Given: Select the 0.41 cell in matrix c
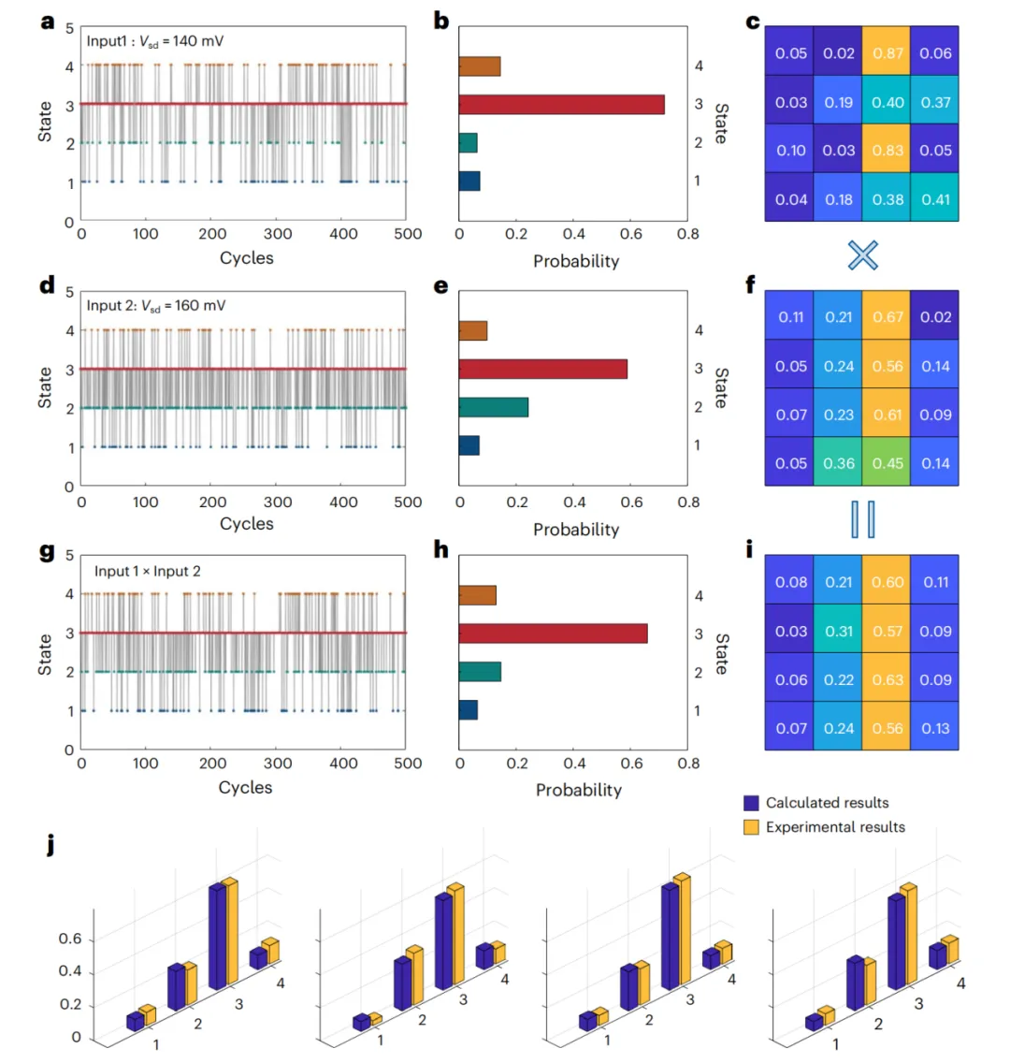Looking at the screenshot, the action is (x=935, y=197).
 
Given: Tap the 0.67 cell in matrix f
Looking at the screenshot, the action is (x=886, y=315).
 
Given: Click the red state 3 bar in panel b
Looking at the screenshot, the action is (x=561, y=105).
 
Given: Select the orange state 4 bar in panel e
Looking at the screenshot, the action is (x=473, y=331).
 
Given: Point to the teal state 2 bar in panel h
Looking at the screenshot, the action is (x=480, y=672).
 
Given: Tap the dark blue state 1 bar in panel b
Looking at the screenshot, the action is (x=469, y=181).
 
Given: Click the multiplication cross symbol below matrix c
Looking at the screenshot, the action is (x=863, y=255).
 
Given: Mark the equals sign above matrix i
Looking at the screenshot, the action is (x=863, y=519).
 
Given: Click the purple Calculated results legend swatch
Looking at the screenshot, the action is (x=751, y=803).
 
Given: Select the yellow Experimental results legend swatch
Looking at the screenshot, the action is (x=751, y=827).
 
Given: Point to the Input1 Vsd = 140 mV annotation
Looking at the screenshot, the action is (x=155, y=41).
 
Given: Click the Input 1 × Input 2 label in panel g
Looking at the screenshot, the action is (x=148, y=572).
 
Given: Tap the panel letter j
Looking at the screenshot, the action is (x=50, y=845).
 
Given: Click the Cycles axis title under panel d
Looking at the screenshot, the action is (x=247, y=523).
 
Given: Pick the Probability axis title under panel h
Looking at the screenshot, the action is (x=579, y=791).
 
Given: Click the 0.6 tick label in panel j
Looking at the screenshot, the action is (x=70, y=939).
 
